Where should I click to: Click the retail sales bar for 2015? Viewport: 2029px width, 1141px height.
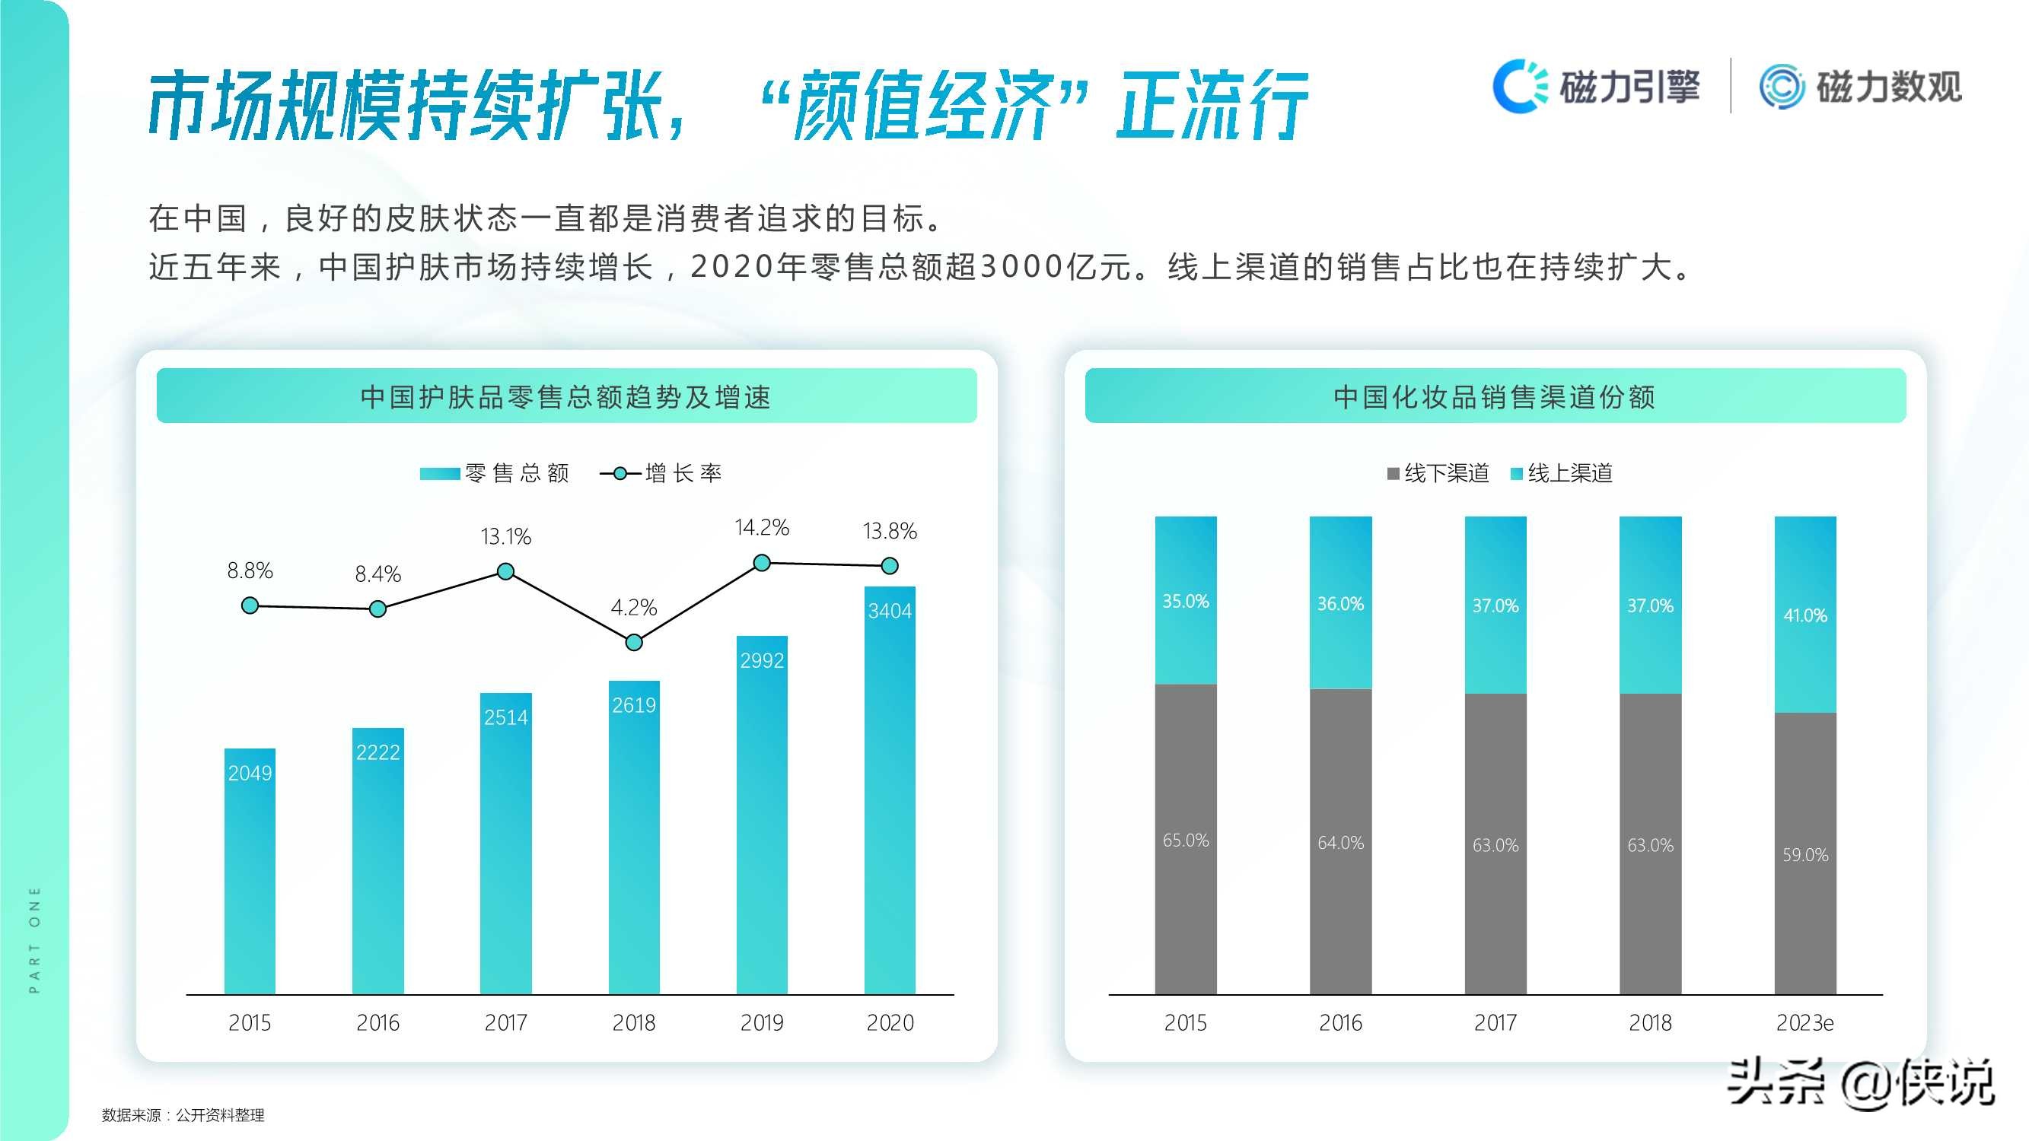pyautogui.click(x=250, y=870)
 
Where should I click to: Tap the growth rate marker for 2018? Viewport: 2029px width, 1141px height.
pyautogui.click(x=633, y=643)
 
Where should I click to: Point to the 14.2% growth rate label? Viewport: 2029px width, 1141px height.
pyautogui.click(x=762, y=528)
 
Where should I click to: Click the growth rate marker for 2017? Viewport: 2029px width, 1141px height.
pyautogui.click(x=505, y=571)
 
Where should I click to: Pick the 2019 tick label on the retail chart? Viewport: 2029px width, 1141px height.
pyautogui.click(x=762, y=1022)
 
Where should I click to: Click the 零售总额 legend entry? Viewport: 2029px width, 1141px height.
pyautogui.click(x=495, y=473)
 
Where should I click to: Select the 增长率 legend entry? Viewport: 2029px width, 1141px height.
pyautogui.click(x=661, y=473)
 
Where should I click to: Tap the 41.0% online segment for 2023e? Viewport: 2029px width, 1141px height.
pyautogui.click(x=1804, y=614)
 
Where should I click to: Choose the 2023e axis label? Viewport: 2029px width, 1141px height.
pyautogui.click(x=1804, y=1022)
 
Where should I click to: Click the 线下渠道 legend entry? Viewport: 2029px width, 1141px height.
pyautogui.click(x=1439, y=473)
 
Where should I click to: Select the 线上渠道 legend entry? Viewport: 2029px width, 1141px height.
pyautogui.click(x=1562, y=473)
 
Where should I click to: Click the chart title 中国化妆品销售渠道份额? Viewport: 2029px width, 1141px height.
pyautogui.click(x=1494, y=397)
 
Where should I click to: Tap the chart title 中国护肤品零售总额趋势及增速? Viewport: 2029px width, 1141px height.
pyautogui.click(x=565, y=397)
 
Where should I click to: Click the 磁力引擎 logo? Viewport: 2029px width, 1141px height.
pyautogui.click(x=1596, y=86)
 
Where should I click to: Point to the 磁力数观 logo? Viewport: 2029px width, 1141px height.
pyautogui.click(x=1861, y=86)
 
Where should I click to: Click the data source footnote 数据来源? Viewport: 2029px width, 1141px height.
pyautogui.click(x=183, y=1115)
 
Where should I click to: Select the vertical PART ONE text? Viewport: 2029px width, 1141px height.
pyautogui.click(x=34, y=939)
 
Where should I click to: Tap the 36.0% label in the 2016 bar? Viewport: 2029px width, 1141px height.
pyautogui.click(x=1339, y=604)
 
